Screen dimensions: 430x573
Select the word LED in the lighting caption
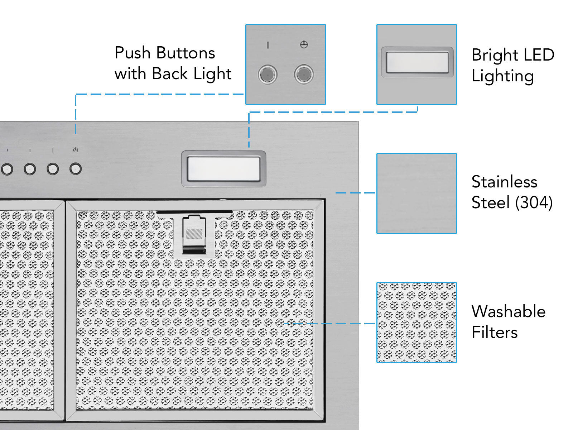click(x=538, y=55)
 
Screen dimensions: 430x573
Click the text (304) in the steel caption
click(x=534, y=203)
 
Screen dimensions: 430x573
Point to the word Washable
click(x=508, y=311)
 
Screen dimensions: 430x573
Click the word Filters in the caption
click(x=494, y=333)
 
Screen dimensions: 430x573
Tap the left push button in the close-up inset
click(x=268, y=75)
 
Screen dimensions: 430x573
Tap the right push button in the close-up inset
click(x=304, y=75)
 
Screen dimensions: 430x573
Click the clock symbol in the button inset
click(x=304, y=45)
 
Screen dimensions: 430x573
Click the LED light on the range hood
click(x=223, y=169)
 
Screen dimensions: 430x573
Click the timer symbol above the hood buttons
click(x=76, y=150)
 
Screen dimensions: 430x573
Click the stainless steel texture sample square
click(x=416, y=193)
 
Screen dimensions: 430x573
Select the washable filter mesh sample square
click(x=416, y=322)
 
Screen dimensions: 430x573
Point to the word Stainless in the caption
click(x=504, y=182)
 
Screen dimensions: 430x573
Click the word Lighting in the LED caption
click(x=502, y=76)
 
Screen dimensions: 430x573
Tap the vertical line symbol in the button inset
click(x=268, y=45)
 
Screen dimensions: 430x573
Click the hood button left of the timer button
click(x=53, y=169)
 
